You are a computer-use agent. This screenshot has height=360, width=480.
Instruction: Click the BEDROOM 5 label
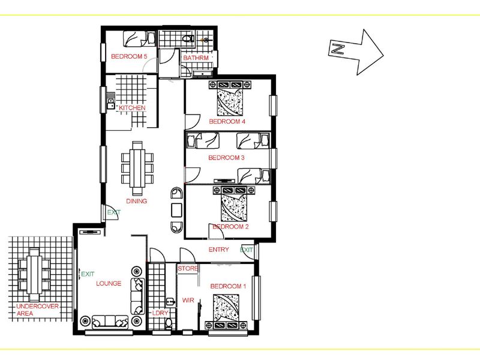coord(129,56)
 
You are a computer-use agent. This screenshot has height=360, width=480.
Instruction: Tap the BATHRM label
coord(196,58)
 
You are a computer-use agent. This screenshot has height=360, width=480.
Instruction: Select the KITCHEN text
coord(132,108)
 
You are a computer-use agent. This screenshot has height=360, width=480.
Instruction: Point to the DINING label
coord(137,201)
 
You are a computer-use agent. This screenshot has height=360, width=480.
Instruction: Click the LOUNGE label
coord(109,283)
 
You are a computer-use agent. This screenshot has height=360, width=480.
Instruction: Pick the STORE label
coord(188,268)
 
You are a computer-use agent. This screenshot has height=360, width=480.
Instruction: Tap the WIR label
coord(188,301)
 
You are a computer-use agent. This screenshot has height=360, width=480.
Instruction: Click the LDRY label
coord(160,313)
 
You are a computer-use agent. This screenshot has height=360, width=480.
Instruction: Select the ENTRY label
coord(218,250)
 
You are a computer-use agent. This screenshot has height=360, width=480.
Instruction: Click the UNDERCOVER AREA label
coord(37,310)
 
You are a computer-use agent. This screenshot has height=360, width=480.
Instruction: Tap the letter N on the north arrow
coord(338,49)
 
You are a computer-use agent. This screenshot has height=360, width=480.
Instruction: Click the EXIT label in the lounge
coord(88,274)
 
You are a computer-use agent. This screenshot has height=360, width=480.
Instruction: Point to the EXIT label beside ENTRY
coord(247,250)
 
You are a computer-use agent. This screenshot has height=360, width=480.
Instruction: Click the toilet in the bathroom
coord(188,39)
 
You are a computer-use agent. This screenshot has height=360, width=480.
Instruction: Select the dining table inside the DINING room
coord(137,168)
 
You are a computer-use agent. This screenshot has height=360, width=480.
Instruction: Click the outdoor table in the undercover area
coord(34,275)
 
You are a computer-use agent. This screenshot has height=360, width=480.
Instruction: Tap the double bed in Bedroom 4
coord(230,98)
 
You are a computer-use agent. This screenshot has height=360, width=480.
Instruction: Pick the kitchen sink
coord(110,103)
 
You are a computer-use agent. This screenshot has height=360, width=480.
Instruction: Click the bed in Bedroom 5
coord(140,39)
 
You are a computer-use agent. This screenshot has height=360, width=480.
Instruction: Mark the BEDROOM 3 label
coord(226,158)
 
